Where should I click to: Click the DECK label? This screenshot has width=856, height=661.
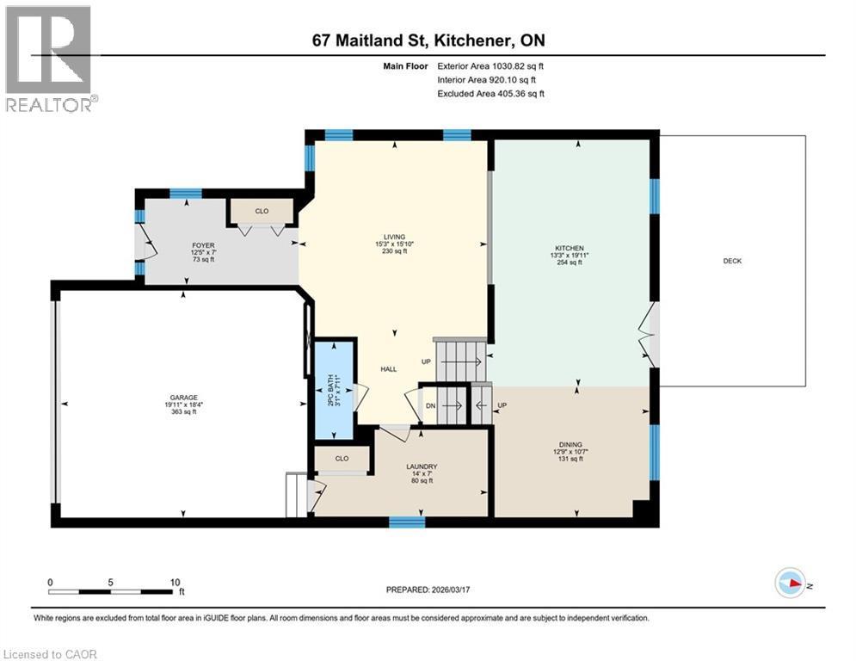(x=732, y=261)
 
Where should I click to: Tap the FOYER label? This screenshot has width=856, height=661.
(x=203, y=244)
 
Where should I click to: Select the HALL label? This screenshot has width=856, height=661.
(x=389, y=368)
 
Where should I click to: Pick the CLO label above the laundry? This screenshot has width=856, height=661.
(x=341, y=460)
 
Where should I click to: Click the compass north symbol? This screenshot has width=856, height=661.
(x=790, y=583)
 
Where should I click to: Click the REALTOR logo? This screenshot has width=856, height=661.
(x=50, y=58)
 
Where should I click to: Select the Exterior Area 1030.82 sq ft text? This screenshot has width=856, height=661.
(x=490, y=65)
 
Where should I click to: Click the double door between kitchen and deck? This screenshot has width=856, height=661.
(x=652, y=335)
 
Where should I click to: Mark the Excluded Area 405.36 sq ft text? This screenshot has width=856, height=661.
(x=490, y=94)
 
